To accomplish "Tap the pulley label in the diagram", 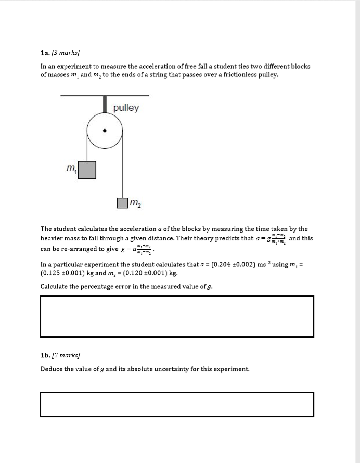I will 126,108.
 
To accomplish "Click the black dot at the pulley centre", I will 105,131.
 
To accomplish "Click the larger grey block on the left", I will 87,170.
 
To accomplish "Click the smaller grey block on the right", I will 122,202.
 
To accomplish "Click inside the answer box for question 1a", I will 177,316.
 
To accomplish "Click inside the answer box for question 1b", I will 177,404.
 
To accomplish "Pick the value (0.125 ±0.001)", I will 65,273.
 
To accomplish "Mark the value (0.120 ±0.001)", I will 143,273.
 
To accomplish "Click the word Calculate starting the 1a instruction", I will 56,286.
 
